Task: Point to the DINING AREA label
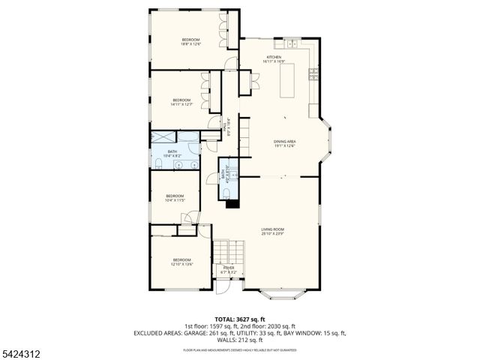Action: click(x=283, y=143)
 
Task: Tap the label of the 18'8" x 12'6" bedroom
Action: click(x=190, y=41)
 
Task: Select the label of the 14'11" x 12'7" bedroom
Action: click(x=182, y=102)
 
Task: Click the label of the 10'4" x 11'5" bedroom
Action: click(x=174, y=198)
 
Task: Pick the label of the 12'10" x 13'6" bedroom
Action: click(x=182, y=262)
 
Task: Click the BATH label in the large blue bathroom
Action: click(x=172, y=154)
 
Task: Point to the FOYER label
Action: click(x=229, y=269)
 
